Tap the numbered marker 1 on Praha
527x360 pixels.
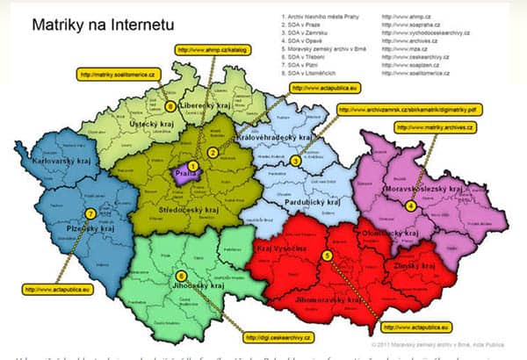[x=192, y=166]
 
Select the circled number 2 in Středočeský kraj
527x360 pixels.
[x=213, y=153]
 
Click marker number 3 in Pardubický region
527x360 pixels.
[x=296, y=161]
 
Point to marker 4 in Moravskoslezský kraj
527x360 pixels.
[x=410, y=205]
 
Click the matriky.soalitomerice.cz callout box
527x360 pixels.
[x=118, y=74]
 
